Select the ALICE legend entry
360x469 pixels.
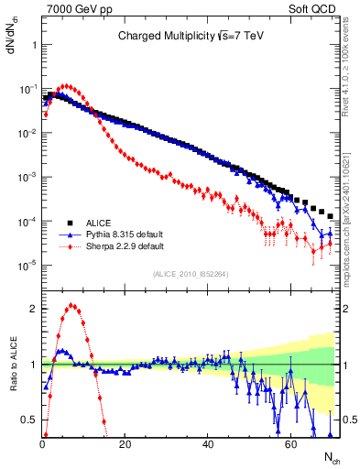100,223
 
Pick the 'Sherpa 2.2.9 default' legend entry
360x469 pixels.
125,246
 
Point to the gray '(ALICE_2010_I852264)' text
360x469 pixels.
191,272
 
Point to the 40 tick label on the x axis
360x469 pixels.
207,445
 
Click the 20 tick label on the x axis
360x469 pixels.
125,445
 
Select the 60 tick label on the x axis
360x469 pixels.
289,445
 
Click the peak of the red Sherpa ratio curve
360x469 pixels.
71,306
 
